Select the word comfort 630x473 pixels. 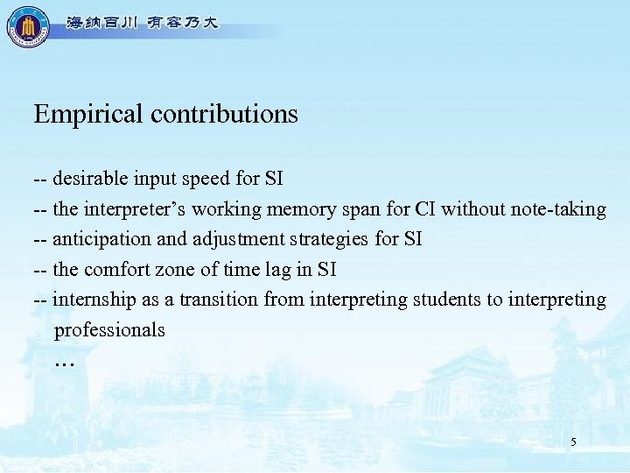pyautogui.click(x=117, y=269)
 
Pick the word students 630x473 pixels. pyautogui.click(x=446, y=300)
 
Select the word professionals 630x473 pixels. pyautogui.click(x=109, y=330)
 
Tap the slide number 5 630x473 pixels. pyautogui.click(x=573, y=442)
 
